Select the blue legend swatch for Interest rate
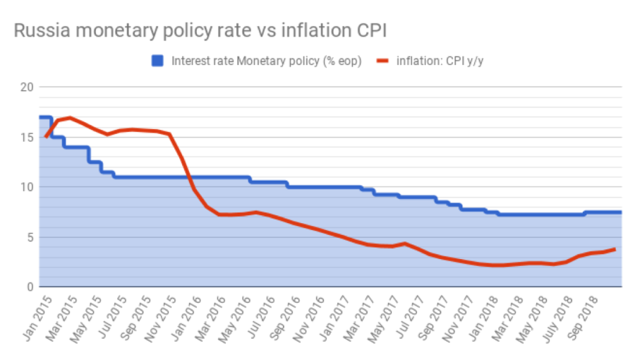coord(157,61)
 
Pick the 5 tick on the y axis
coord(28,237)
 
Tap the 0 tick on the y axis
coord(28,287)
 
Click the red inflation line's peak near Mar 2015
coord(69,117)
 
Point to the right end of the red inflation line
coord(615,248)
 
